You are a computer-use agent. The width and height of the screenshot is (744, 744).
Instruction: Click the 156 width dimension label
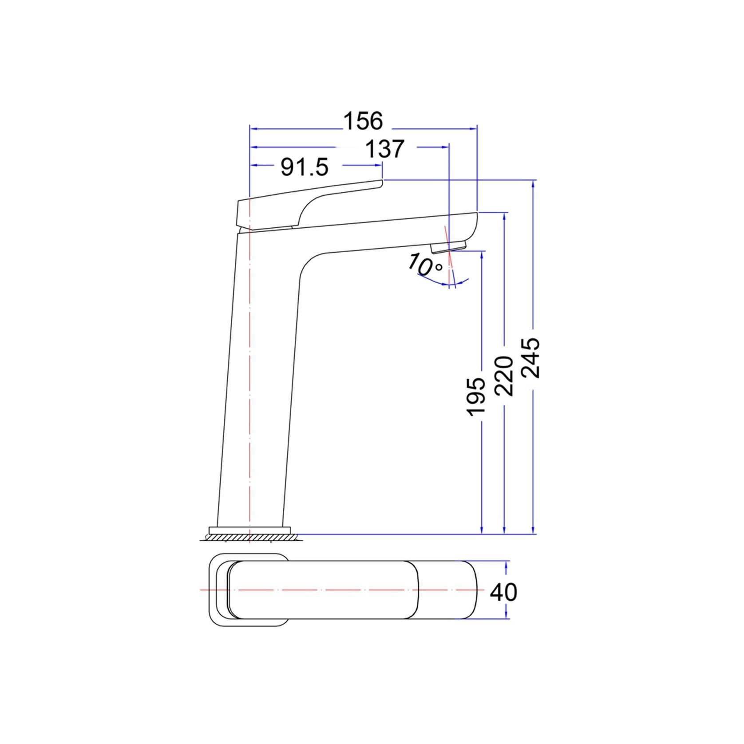tap(363, 121)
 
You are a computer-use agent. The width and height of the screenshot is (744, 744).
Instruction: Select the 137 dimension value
tap(384, 149)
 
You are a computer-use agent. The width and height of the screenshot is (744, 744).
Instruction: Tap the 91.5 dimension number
tap(305, 167)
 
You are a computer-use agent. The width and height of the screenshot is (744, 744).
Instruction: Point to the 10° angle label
tap(425, 265)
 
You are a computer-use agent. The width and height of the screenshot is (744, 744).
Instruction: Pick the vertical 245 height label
tap(530, 358)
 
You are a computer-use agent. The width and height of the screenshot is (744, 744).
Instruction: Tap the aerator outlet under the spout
tap(449, 246)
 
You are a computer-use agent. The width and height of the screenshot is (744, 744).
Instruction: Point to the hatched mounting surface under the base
tap(251, 538)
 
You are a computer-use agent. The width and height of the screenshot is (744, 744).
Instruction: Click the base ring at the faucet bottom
tap(249, 529)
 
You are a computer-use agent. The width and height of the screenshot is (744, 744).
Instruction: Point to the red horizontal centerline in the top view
tap(337, 590)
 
